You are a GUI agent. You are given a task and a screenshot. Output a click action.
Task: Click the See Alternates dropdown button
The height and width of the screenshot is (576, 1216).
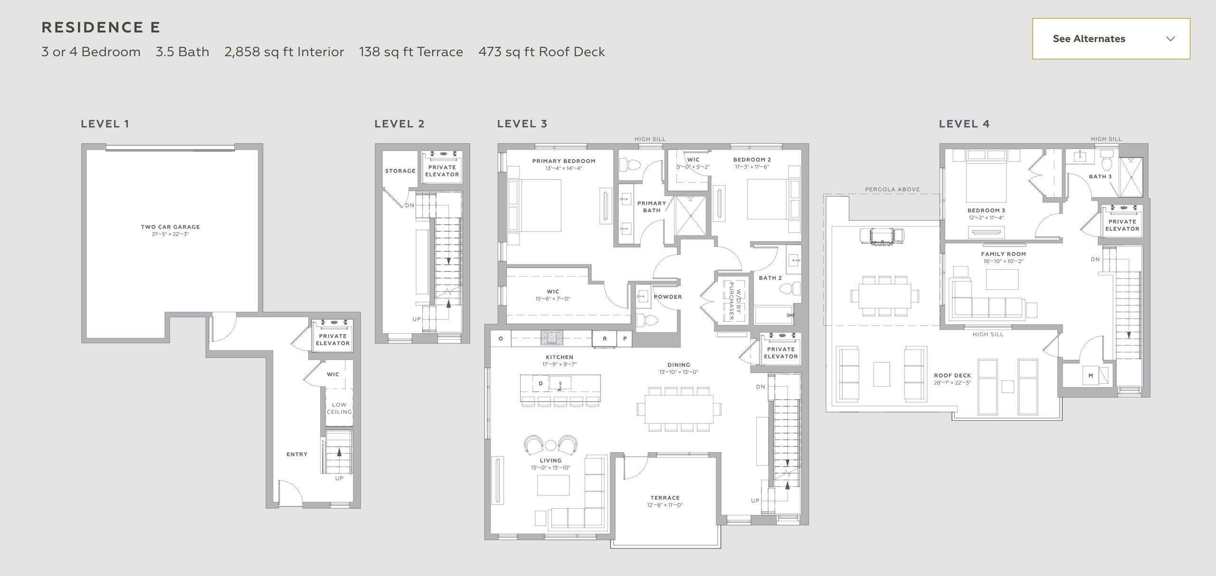pyautogui.click(x=1111, y=39)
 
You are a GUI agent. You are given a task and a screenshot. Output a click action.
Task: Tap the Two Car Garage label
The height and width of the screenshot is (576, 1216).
pyautogui.click(x=171, y=227)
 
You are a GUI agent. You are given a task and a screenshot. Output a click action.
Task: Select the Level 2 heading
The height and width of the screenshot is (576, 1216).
pyautogui.click(x=399, y=124)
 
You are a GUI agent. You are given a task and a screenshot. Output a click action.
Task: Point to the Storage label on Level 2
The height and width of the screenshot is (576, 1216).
pyautogui.click(x=400, y=171)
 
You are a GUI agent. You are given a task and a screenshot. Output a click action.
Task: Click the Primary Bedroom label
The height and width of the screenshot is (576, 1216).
pyautogui.click(x=564, y=161)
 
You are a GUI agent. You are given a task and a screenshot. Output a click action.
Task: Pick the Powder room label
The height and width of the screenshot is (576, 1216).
pyautogui.click(x=668, y=297)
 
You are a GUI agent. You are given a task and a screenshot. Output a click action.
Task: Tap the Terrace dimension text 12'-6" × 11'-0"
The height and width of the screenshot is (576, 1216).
pyautogui.click(x=665, y=505)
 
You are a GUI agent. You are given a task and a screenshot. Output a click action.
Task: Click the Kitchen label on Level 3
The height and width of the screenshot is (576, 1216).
pyautogui.click(x=560, y=357)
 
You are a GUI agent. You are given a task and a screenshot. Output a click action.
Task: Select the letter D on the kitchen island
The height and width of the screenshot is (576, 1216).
pyautogui.click(x=541, y=383)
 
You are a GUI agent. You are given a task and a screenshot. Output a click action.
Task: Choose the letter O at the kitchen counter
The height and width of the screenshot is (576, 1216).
pyautogui.click(x=501, y=339)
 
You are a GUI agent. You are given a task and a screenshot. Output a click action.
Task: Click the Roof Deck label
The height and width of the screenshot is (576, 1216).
pyautogui.click(x=952, y=376)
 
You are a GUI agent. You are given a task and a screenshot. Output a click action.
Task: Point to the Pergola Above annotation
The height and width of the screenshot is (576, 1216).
pyautogui.click(x=893, y=189)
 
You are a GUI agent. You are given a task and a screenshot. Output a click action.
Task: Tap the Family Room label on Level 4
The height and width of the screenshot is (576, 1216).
pyautogui.click(x=1004, y=254)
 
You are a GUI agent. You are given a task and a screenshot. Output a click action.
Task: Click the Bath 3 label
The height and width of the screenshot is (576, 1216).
pyautogui.click(x=1101, y=177)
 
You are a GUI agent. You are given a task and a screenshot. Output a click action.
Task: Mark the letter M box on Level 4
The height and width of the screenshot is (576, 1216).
pyautogui.click(x=1091, y=376)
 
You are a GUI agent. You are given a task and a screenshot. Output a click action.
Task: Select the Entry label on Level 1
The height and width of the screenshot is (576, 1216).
pyautogui.click(x=297, y=454)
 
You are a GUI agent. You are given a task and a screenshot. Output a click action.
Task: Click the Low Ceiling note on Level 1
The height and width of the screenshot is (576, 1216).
pyautogui.click(x=339, y=408)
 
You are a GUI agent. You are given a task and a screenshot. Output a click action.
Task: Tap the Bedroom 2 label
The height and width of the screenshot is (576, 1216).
pyautogui.click(x=752, y=160)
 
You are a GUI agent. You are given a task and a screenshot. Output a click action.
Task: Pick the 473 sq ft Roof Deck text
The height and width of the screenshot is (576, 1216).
pyautogui.click(x=541, y=52)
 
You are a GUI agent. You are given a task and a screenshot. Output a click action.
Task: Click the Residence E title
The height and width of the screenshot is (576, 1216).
pyautogui.click(x=101, y=28)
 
